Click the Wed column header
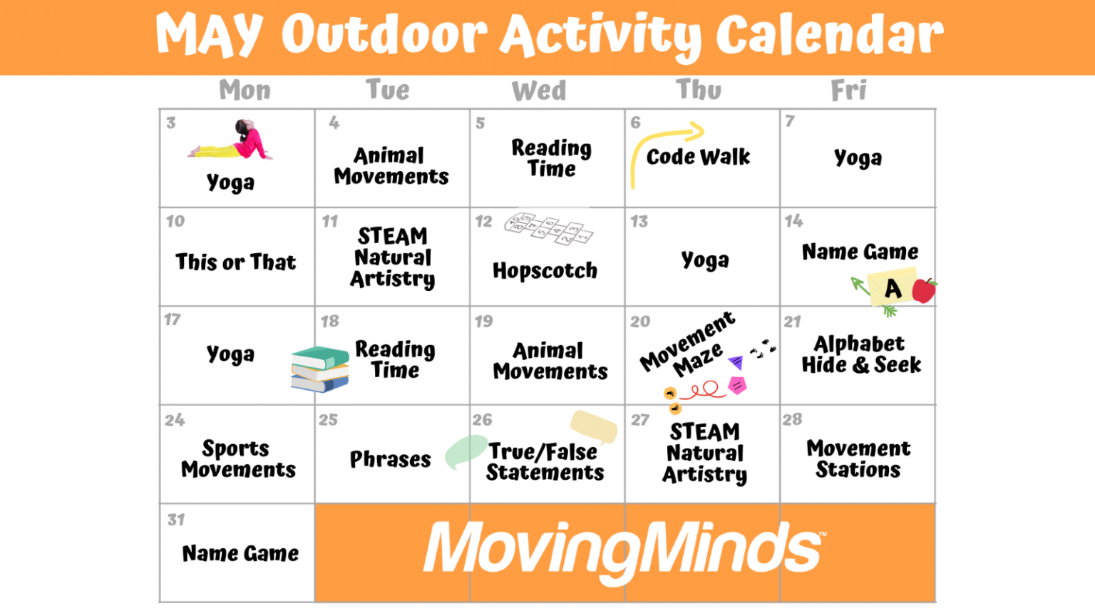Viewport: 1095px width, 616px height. point(539,91)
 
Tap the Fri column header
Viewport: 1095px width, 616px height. point(848,91)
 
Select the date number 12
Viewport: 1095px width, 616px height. point(484,222)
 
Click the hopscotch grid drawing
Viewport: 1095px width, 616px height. point(549,228)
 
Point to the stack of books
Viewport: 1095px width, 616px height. point(320,369)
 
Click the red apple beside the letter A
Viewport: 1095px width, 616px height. point(924,289)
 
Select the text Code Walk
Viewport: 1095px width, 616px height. point(698,157)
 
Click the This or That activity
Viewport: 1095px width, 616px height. point(236,262)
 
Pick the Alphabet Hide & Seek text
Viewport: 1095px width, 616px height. point(860,354)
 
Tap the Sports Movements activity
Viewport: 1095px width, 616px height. point(238,458)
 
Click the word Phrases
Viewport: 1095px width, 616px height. point(390,459)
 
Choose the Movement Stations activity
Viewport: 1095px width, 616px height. point(858,458)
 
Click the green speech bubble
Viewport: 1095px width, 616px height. point(466,451)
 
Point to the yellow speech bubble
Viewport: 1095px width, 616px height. point(593,426)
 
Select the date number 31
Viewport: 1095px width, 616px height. point(176,520)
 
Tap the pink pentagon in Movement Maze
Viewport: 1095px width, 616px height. point(737,386)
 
